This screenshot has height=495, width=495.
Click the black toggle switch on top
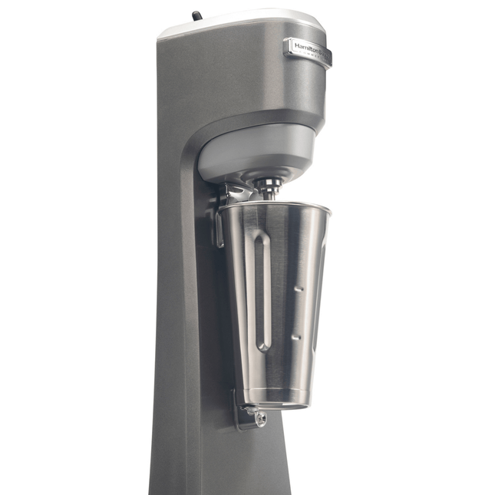196,15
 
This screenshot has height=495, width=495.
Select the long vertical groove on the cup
262,292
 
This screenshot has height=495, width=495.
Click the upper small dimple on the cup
300,288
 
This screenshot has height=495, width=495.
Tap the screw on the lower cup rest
262,418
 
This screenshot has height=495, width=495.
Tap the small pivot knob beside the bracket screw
249,411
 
